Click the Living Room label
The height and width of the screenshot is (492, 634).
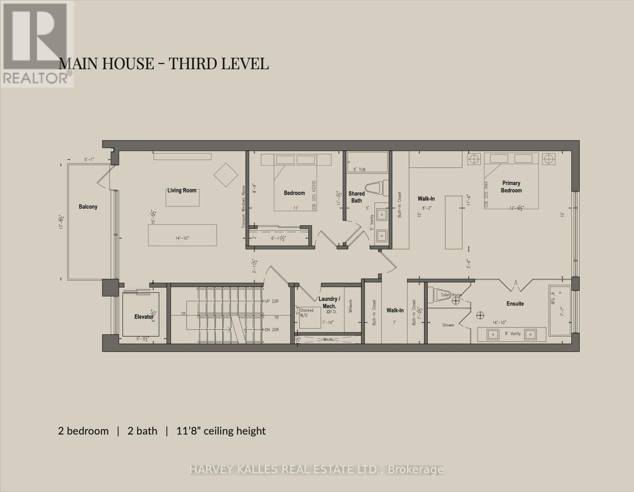coord(181,190)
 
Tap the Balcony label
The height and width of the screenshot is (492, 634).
coord(88,207)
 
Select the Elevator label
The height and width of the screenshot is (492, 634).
coord(144,317)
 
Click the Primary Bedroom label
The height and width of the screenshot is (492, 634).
coord(511,187)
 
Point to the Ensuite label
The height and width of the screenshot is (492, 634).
coord(515,303)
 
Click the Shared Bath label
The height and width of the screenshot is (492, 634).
coord(356,197)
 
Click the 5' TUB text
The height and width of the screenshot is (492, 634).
coord(359,169)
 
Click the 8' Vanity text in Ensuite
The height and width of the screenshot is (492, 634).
coord(512,334)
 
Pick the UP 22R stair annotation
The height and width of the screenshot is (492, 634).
coord(271,301)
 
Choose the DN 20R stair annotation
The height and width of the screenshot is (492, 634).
coord(271,330)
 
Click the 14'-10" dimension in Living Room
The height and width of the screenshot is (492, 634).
coord(182,238)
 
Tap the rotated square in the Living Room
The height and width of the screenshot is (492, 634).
coord(226,175)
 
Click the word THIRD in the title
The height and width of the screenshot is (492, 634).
coord(193,64)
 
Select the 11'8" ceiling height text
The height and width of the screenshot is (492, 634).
coord(221,431)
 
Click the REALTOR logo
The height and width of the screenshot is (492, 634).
coord(37,43)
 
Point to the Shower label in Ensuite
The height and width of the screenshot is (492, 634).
coord(448,325)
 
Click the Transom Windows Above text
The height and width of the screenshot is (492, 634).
coord(243,207)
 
